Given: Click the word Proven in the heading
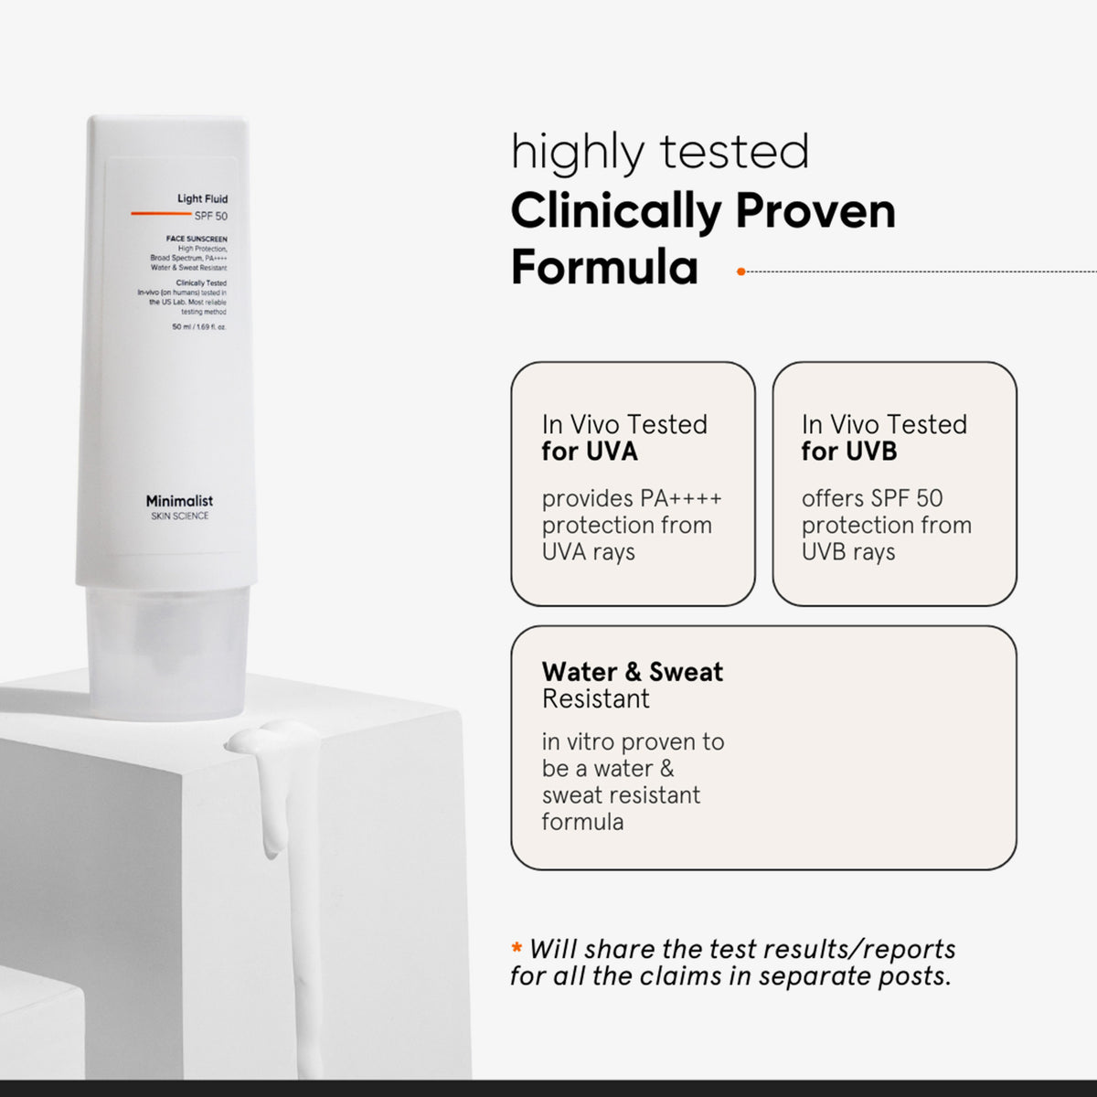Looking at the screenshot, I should click(x=815, y=211).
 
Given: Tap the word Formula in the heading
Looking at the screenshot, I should click(x=604, y=268).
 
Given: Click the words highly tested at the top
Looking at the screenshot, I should click(x=660, y=152).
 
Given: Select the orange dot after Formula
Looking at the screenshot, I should click(x=740, y=272).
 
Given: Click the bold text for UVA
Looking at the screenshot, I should click(x=590, y=451).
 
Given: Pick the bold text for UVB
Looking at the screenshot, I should click(x=849, y=451).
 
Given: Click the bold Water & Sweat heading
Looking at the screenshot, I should click(x=632, y=672).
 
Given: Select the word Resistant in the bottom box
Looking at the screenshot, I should click(x=595, y=698).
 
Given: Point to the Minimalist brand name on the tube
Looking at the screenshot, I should click(x=179, y=501).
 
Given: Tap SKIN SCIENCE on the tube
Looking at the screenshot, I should click(x=179, y=517).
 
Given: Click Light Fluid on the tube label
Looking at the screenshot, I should click(x=202, y=198).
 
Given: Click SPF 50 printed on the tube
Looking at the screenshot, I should click(x=211, y=216).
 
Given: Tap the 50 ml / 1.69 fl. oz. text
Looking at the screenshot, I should click(x=199, y=326).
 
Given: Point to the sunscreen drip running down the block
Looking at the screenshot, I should click(x=272, y=795).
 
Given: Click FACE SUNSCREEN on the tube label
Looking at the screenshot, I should click(x=197, y=239).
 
